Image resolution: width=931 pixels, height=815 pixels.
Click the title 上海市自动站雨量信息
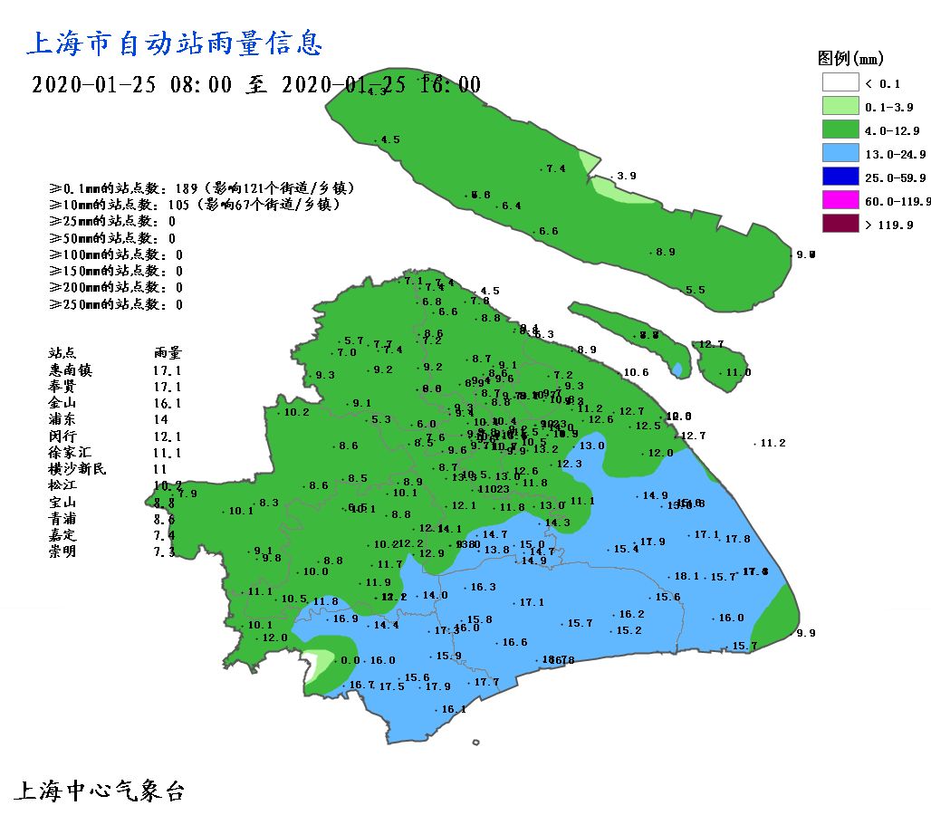[x=176, y=43]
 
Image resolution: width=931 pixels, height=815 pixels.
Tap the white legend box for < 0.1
[x=840, y=82]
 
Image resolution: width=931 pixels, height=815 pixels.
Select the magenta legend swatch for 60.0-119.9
[x=840, y=199]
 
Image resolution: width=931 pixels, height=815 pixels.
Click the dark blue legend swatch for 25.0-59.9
[x=840, y=176]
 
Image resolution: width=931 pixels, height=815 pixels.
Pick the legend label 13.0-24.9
[x=892, y=153]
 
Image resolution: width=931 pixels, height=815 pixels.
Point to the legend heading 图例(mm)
[x=849, y=59]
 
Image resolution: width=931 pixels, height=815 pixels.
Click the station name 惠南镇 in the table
[x=71, y=370]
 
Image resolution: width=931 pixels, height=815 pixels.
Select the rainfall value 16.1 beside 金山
[x=168, y=404]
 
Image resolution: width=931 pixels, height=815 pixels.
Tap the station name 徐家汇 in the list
[x=71, y=453]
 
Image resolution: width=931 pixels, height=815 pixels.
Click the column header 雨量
[x=168, y=353]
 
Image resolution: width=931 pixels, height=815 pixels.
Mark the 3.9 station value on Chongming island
[x=626, y=177]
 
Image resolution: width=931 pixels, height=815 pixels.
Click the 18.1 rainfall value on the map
[x=686, y=577]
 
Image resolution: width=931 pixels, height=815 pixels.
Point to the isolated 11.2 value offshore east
[x=773, y=444]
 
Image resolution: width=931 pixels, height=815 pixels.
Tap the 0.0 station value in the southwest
[x=349, y=661]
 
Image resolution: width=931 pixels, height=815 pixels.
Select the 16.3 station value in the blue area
[x=484, y=588]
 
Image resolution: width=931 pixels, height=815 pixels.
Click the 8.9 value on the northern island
[x=666, y=253]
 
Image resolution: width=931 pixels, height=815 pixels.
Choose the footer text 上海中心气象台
[x=100, y=791]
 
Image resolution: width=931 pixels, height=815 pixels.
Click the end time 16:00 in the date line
[x=450, y=85]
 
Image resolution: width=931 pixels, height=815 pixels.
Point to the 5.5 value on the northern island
[x=695, y=291]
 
